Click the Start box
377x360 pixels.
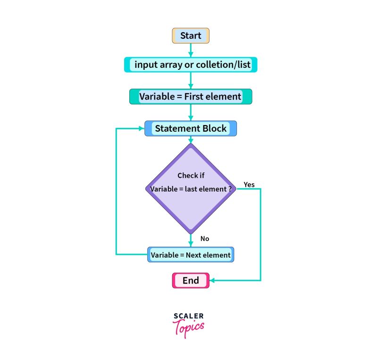pyautogui.click(x=190, y=35)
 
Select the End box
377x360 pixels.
pyautogui.click(x=190, y=281)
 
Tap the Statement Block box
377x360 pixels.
pyautogui.click(x=190, y=128)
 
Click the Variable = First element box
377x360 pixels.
pyautogui.click(x=190, y=97)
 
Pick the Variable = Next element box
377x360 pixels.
pyautogui.click(x=190, y=255)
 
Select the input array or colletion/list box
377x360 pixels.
pyautogui.click(x=190, y=65)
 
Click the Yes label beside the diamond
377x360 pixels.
pyautogui.click(x=249, y=184)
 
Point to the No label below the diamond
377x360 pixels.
pyautogui.click(x=204, y=239)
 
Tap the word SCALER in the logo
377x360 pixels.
pyautogui.click(x=188, y=316)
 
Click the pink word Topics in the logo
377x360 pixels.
pyautogui.click(x=188, y=327)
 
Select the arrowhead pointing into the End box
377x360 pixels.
pyautogui.click(x=212, y=281)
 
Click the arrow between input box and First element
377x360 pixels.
pyautogui.click(x=191, y=81)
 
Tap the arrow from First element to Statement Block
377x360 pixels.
pyautogui.click(x=191, y=112)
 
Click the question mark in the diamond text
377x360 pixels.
pyautogui.click(x=229, y=189)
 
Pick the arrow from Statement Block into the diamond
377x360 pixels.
pyautogui.click(x=191, y=140)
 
